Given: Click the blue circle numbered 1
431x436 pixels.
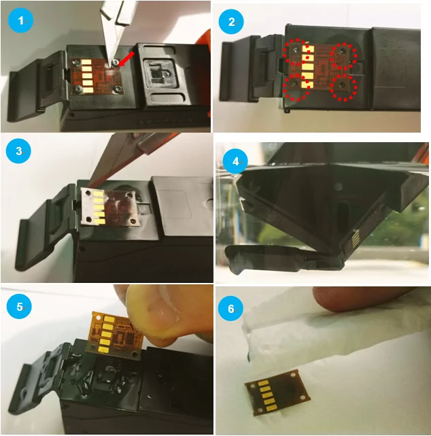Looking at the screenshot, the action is (20, 20).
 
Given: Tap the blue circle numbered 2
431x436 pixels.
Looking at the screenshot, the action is (231, 22).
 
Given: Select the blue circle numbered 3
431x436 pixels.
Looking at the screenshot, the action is (18, 151).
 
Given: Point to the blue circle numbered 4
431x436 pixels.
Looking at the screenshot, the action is (235, 161).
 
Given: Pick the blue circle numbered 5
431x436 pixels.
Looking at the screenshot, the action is (20, 307).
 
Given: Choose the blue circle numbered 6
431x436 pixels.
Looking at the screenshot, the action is (231, 309).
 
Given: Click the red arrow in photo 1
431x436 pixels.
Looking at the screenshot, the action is (127, 58).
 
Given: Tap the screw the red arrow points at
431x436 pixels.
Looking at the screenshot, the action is (115, 63).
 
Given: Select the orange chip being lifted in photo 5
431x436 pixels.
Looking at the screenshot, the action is (118, 335).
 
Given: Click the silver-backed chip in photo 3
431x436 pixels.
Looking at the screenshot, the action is (109, 205).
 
